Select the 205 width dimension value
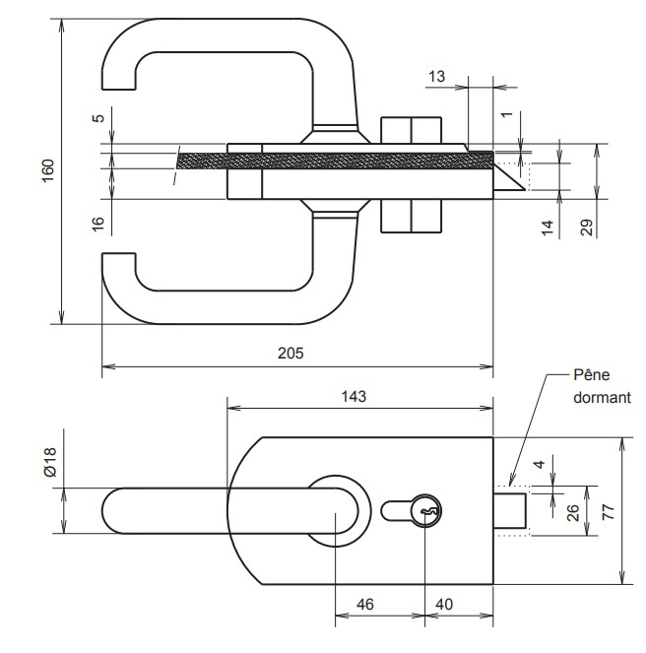point(291,353)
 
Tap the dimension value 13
point(438,76)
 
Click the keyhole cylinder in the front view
point(427,512)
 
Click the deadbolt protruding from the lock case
point(511,510)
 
